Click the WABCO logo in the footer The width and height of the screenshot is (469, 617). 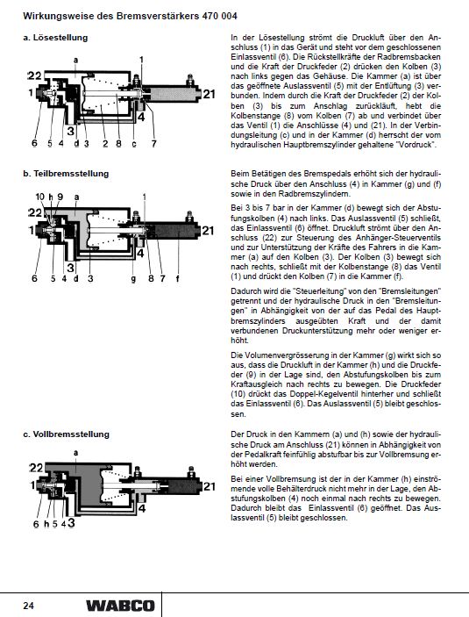click(x=120, y=606)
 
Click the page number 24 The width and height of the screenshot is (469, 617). click(x=28, y=606)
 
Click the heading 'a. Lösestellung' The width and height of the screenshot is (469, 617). click(x=55, y=38)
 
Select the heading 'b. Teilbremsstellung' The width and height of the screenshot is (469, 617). click(x=66, y=174)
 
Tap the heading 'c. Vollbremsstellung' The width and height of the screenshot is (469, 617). click(x=66, y=434)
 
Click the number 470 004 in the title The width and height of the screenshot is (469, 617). click(x=220, y=16)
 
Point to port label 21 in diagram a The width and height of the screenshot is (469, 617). click(x=210, y=94)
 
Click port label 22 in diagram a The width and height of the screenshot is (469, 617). click(x=34, y=75)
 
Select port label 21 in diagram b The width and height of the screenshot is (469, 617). click(x=208, y=230)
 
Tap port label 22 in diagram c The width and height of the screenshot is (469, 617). click(x=36, y=468)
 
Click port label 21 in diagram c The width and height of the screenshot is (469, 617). click(x=210, y=487)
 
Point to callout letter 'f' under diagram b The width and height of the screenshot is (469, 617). click(x=177, y=278)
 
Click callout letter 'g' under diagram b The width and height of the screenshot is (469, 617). click(x=133, y=279)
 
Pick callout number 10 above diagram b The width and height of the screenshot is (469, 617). click(x=40, y=197)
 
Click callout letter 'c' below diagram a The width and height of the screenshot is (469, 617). click(x=134, y=144)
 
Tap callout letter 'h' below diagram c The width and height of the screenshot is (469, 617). click(x=46, y=524)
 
